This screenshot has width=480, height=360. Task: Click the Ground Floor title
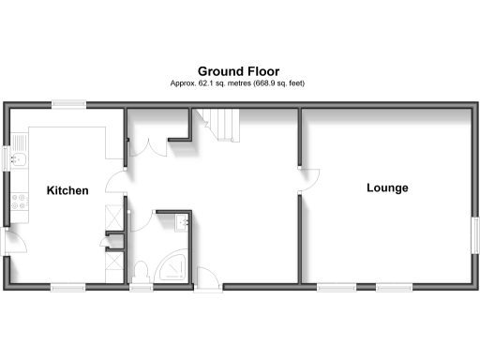click(x=238, y=70)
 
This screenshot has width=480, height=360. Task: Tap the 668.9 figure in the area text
click(x=269, y=83)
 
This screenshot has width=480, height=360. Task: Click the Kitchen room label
click(x=67, y=191)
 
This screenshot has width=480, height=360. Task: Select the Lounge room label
click(x=387, y=188)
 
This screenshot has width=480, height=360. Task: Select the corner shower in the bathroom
click(x=173, y=269)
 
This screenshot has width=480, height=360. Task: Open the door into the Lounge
click(x=308, y=180)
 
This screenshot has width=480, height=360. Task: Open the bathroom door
click(x=207, y=277)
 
